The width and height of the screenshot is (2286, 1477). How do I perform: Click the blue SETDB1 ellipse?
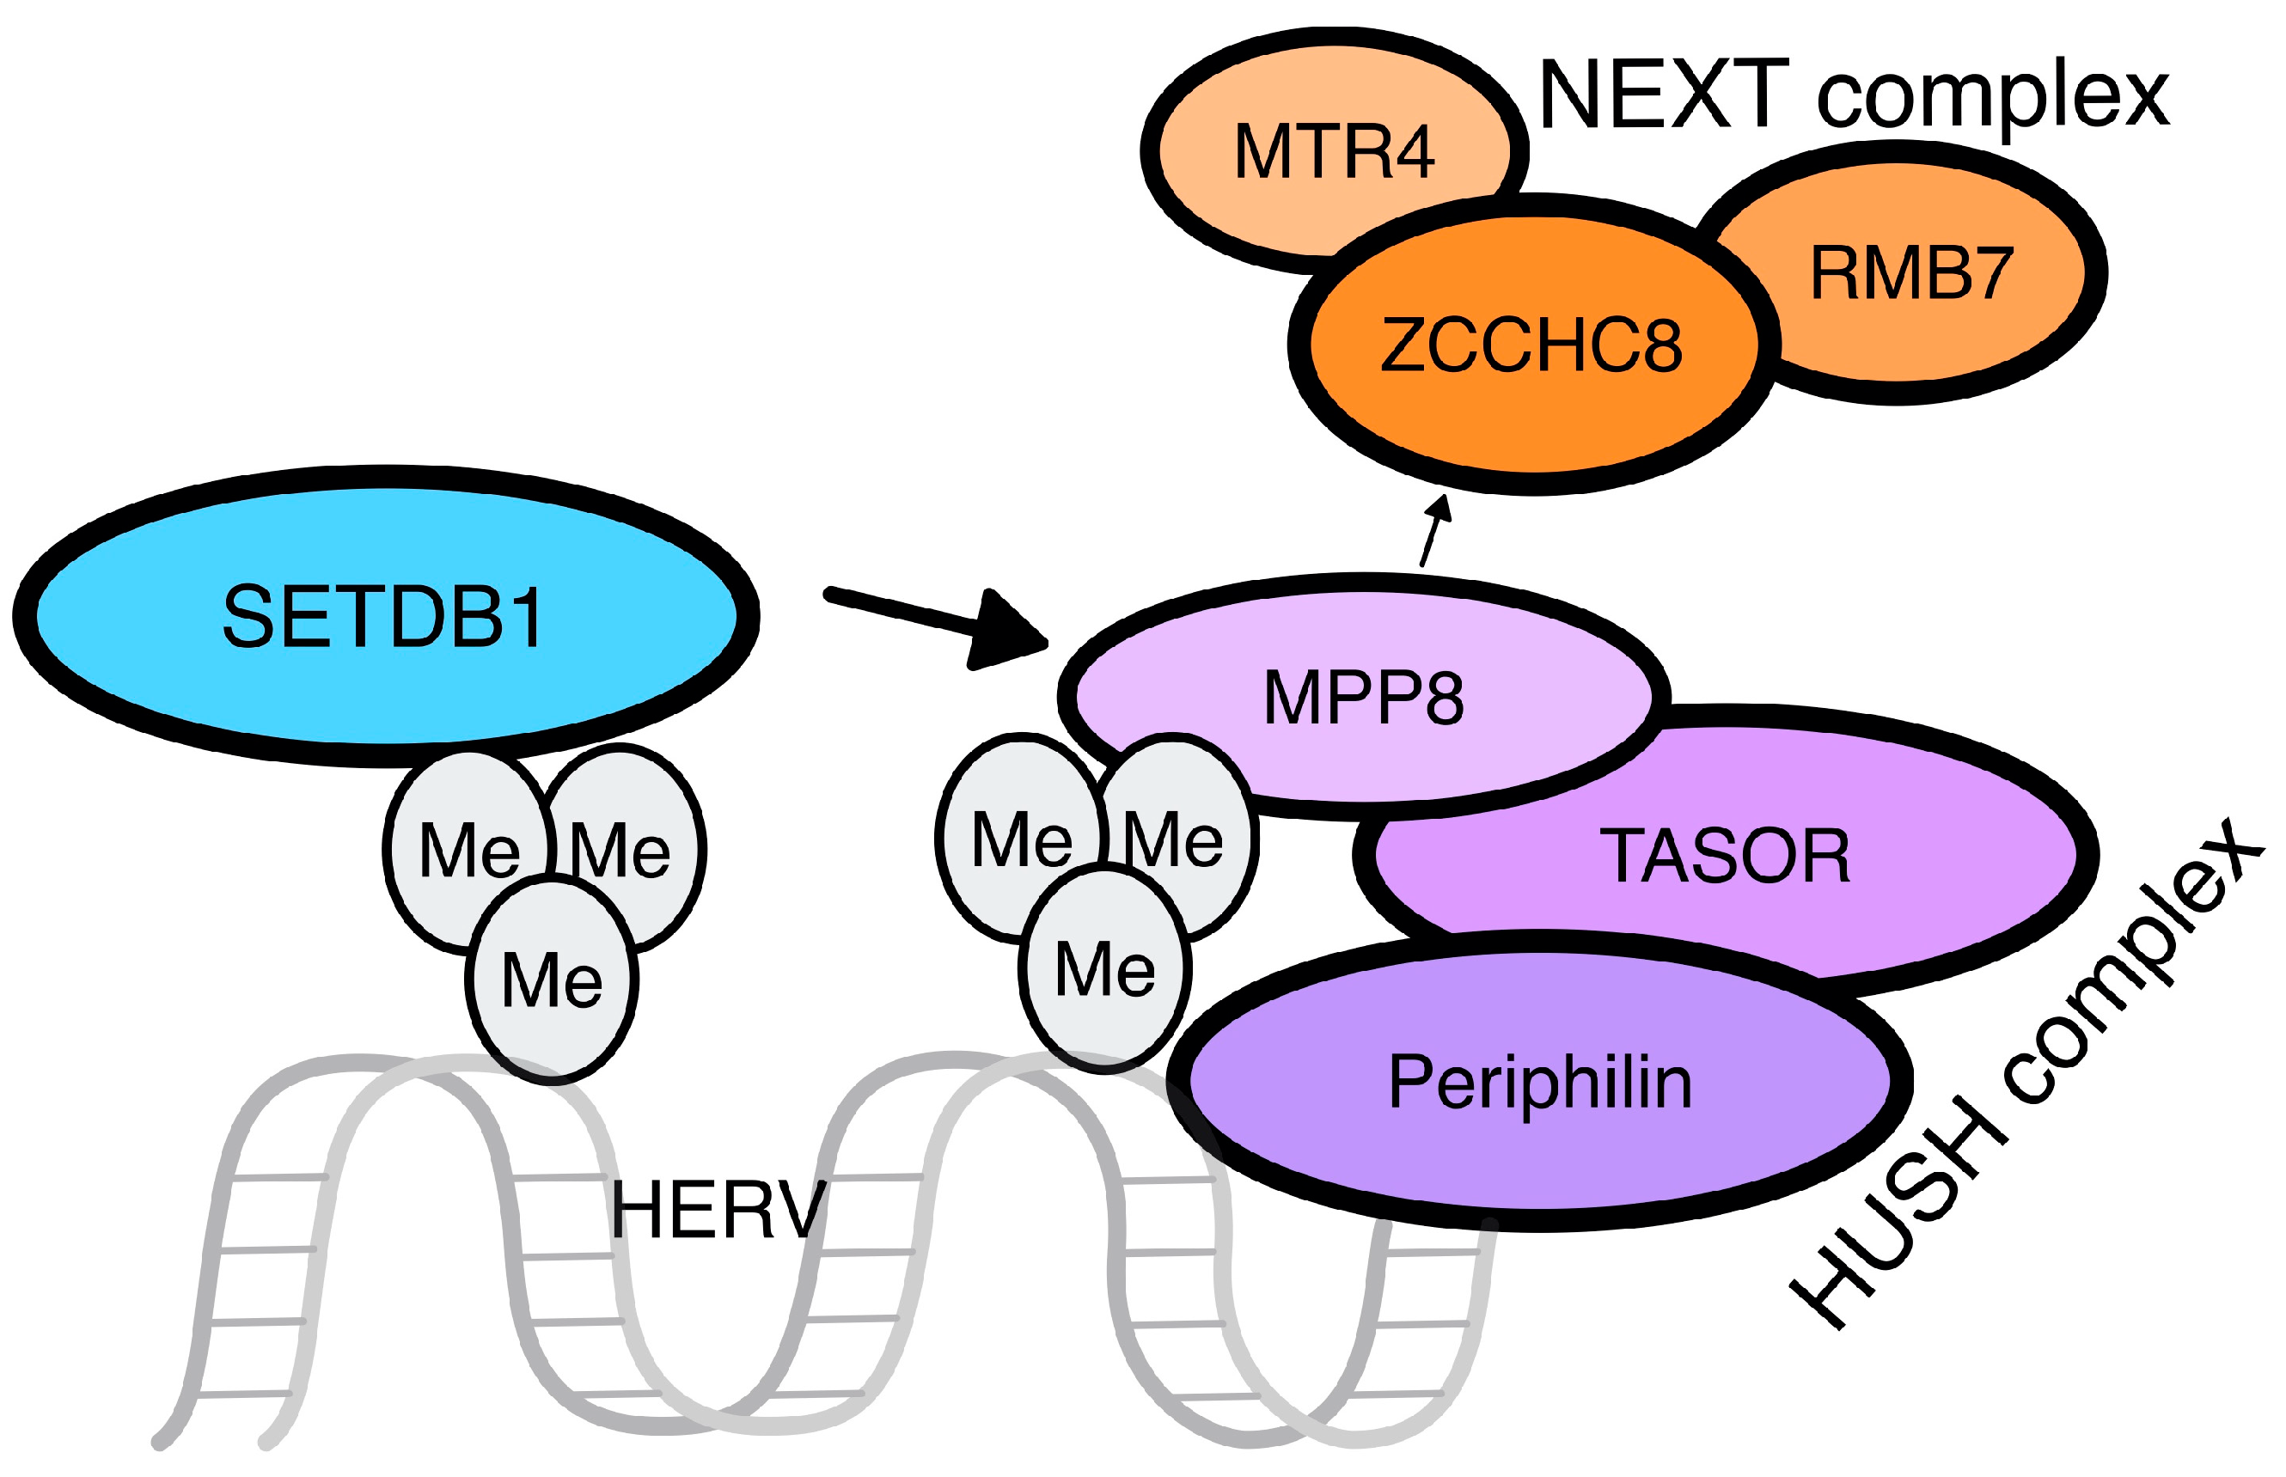(x=383, y=617)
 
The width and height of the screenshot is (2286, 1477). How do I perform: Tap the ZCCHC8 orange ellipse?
(x=1531, y=345)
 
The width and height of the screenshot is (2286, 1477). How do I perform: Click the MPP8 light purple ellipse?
(x=1362, y=698)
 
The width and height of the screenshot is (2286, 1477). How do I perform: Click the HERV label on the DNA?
(x=718, y=1211)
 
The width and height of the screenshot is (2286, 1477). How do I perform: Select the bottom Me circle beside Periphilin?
(x=1104, y=968)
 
